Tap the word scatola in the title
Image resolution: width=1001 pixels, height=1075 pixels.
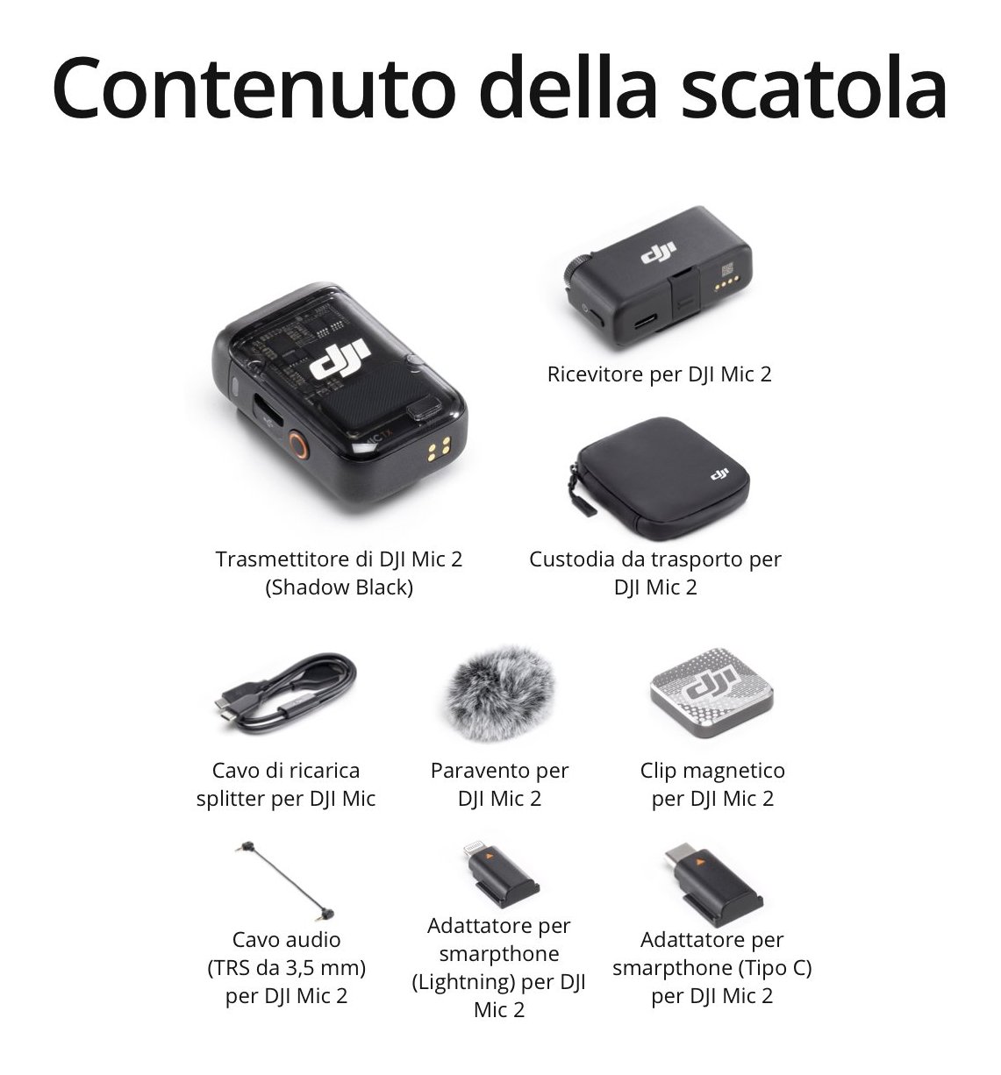(x=814, y=87)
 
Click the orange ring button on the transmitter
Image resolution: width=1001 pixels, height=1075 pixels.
(x=297, y=445)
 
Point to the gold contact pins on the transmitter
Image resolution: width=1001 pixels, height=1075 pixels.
(x=439, y=449)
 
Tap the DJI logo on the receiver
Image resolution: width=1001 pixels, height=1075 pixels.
(x=659, y=253)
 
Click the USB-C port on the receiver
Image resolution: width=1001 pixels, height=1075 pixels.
(x=646, y=321)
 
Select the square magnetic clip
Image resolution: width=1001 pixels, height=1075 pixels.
(x=711, y=692)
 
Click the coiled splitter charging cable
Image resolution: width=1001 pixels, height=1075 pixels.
(x=285, y=695)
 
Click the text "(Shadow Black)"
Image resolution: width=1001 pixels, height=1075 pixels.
(x=340, y=587)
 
